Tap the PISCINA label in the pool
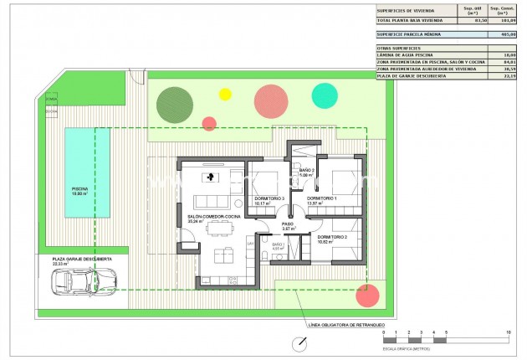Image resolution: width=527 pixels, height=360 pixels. click(79, 190)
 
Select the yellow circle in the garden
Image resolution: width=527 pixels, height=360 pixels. click(224, 95)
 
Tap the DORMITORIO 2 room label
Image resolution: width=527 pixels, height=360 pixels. click(332, 238)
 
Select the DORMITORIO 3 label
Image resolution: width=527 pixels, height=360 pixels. click(269, 199)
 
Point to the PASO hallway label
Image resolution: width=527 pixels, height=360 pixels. click(287, 224)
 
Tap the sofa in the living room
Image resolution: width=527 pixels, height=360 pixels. click(215, 201)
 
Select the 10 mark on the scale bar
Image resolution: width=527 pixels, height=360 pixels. click(509, 333)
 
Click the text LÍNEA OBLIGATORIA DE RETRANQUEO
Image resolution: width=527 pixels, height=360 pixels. click(347, 324)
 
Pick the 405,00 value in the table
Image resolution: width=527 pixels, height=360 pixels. click(506, 36)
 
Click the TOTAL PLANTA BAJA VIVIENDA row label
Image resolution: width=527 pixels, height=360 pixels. click(409, 20)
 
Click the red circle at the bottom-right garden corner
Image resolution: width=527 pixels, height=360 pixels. click(367, 295)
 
